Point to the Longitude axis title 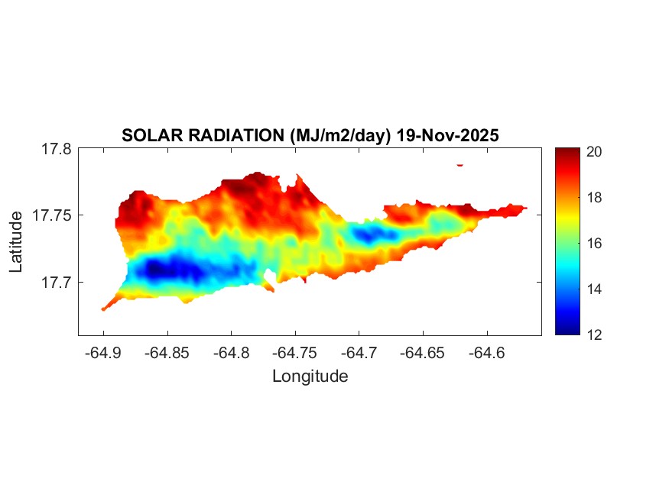pos(310,376)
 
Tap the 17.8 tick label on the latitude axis pos(56,150)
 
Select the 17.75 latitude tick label pos(52,215)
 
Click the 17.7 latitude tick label pos(56,282)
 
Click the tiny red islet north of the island pos(460,164)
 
